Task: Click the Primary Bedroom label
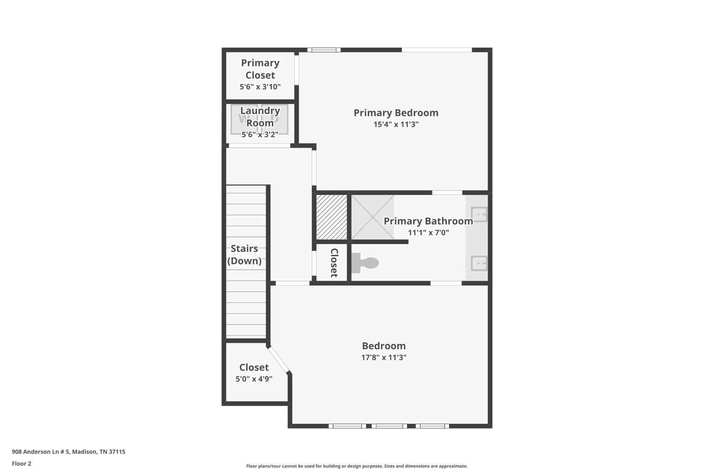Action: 396,113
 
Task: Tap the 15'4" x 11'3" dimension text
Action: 396,124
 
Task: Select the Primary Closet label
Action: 260,69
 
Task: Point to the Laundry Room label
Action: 260,117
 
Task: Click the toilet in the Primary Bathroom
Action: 365,263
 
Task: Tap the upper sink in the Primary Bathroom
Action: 479,214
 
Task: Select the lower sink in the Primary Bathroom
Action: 479,263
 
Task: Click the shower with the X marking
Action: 373,217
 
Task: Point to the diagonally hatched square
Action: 332,217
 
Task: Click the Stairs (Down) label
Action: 244,255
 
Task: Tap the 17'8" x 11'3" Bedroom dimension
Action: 384,357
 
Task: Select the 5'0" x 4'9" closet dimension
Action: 254,379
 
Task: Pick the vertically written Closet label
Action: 334,263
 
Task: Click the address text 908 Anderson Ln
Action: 41,452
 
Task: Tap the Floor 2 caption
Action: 22,464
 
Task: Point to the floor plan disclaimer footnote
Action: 357,466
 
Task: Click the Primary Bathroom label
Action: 428,221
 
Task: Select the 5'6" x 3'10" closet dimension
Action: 260,87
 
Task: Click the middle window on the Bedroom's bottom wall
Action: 389,426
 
